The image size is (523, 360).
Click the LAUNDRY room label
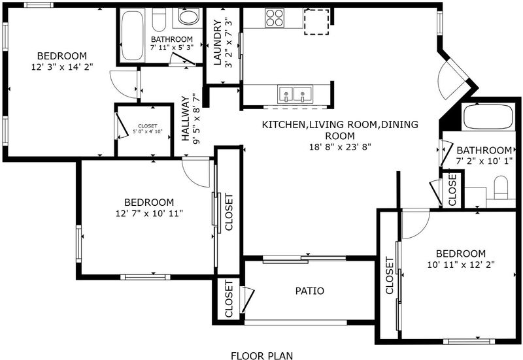(x=217, y=42)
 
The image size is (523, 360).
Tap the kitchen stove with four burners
(x=275, y=18)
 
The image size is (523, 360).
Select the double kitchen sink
(x=295, y=94)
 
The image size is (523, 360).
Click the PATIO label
(x=309, y=291)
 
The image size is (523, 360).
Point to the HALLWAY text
(x=186, y=119)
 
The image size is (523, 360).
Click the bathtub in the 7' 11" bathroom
(x=132, y=35)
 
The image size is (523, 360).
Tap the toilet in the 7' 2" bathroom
(x=501, y=188)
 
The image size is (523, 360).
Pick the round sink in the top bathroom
(x=188, y=17)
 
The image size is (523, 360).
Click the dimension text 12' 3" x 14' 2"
(x=61, y=67)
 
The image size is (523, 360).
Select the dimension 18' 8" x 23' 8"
(x=340, y=147)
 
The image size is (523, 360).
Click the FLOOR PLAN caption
(x=262, y=355)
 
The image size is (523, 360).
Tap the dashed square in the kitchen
(x=316, y=22)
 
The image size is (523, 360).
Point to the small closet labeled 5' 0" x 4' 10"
(x=144, y=130)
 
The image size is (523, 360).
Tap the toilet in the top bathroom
(x=159, y=20)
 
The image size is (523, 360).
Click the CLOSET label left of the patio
(x=229, y=299)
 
